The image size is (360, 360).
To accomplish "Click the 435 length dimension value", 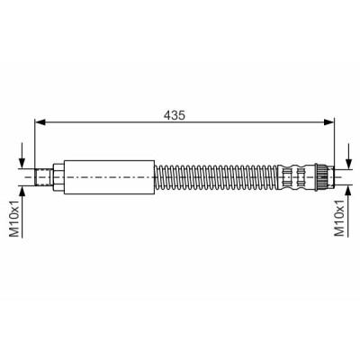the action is (x=175, y=115).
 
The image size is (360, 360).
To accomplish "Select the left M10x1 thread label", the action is (x=15, y=218).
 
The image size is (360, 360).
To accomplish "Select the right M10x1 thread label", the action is (x=339, y=218).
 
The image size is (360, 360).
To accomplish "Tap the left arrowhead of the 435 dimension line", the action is (x=40, y=122).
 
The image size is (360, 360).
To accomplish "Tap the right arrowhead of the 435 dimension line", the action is (x=328, y=122).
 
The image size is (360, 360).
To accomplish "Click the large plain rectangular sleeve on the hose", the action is (x=109, y=177).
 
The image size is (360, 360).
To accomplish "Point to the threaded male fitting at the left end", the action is (x=43, y=177).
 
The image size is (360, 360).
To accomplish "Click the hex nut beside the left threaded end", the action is (x=58, y=177).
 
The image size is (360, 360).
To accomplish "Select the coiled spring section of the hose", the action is (x=217, y=177).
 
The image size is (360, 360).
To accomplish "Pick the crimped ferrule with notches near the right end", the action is (x=295, y=177).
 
